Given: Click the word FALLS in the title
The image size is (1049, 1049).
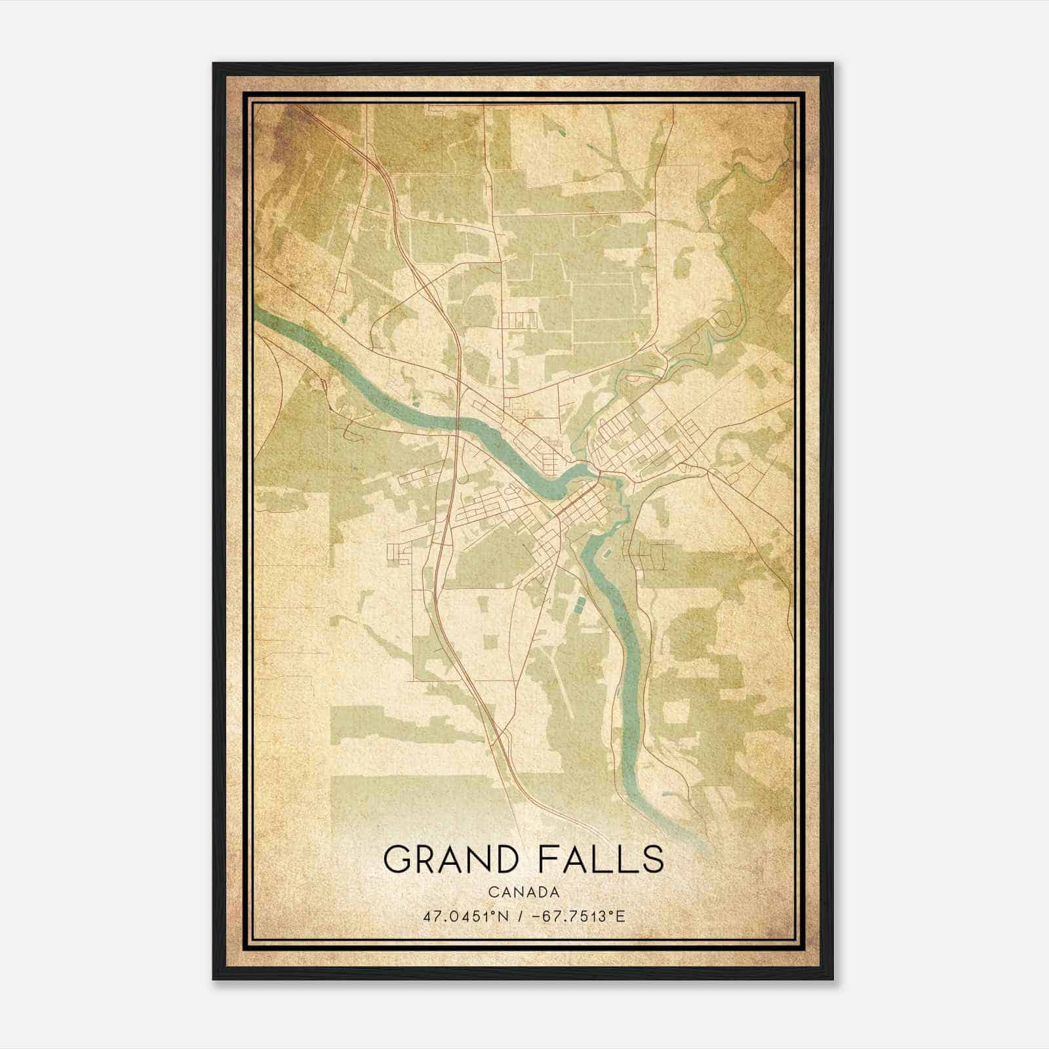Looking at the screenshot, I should (600, 859).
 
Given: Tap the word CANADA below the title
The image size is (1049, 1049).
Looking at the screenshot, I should (523, 892).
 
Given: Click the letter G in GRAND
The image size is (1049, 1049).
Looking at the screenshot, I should (398, 859).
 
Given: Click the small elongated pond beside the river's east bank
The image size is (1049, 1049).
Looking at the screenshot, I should (607, 555).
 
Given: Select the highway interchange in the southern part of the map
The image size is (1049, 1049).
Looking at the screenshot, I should (502, 738).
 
